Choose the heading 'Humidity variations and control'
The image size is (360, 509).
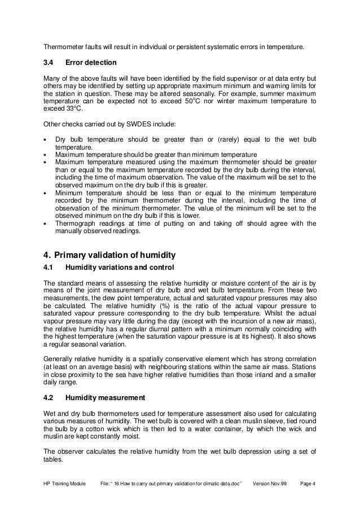120,267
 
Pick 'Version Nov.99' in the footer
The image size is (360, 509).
273,484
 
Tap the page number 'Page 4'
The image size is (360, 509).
309,484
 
